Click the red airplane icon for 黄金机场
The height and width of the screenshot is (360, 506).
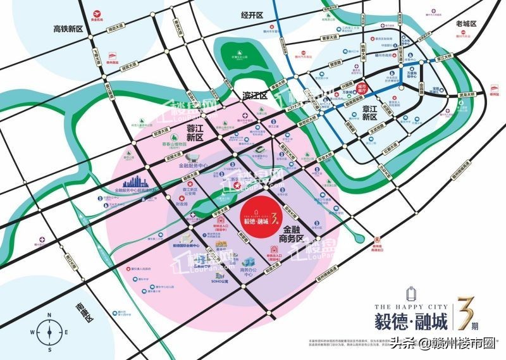coord(96,12)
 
